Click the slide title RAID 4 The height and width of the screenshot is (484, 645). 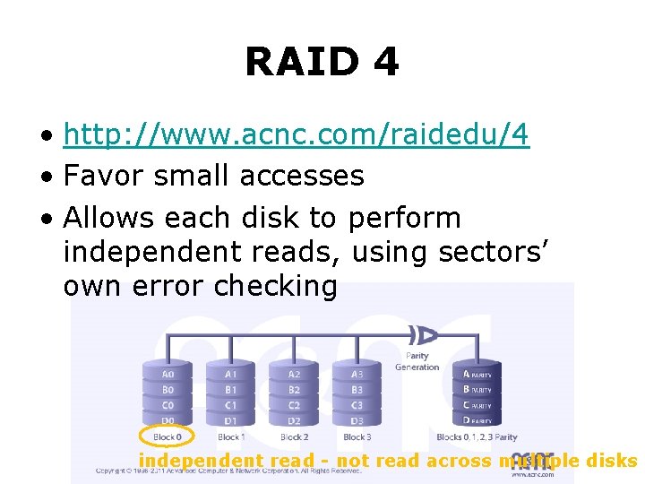coord(322,63)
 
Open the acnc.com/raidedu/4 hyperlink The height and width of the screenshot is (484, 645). coord(297,135)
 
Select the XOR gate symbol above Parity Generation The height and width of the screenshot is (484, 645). coord(422,336)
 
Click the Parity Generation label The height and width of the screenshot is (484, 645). coord(417,362)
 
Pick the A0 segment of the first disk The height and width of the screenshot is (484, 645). coord(168,374)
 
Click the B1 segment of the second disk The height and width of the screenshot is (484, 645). coord(231,390)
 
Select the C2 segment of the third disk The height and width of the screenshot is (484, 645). coord(294,405)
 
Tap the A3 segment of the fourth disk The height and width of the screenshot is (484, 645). coord(357,374)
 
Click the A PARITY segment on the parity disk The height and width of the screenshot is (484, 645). coord(477,374)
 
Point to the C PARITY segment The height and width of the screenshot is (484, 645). coord(477,405)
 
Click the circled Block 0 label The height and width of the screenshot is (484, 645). coord(168,437)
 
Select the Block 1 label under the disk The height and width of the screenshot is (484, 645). coord(230,437)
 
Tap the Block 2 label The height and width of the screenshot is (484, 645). coord(294,437)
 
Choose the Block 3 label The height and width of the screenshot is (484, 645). coord(357,437)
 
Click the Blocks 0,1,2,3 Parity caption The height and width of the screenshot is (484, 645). coord(477,437)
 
